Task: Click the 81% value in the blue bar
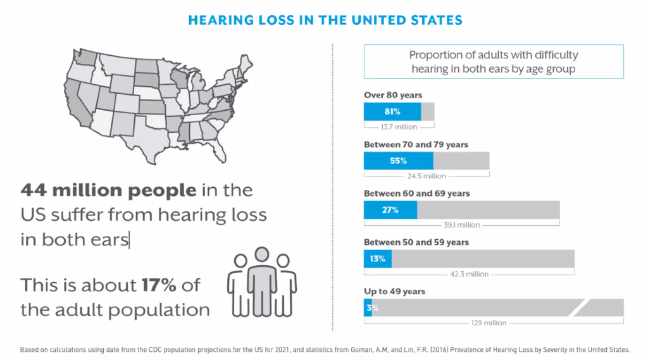392,111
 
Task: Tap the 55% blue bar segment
399,161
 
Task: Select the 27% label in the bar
390,210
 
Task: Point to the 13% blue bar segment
378,259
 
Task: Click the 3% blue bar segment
368,308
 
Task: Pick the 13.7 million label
399,127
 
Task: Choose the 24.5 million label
427,176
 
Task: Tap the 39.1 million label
461,225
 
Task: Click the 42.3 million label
469,274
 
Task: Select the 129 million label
489,323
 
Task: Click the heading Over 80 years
393,95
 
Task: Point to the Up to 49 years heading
394,292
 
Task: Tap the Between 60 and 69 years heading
416,194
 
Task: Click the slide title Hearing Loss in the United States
325,20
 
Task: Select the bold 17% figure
159,285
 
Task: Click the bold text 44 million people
108,190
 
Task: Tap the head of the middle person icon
261,254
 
